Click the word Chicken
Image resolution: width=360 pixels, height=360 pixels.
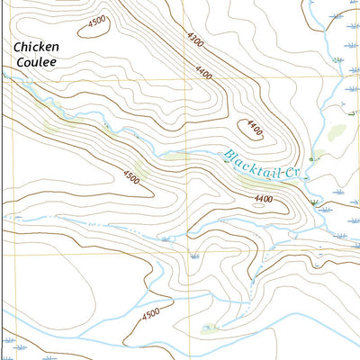pos(37,46)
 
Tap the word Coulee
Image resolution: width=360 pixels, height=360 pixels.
pos(37,62)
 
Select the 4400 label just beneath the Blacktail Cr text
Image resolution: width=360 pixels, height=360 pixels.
pos(264,198)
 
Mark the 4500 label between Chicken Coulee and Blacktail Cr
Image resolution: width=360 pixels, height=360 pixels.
pos(131,178)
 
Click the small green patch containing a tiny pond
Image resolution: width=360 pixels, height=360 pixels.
pos(210,328)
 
